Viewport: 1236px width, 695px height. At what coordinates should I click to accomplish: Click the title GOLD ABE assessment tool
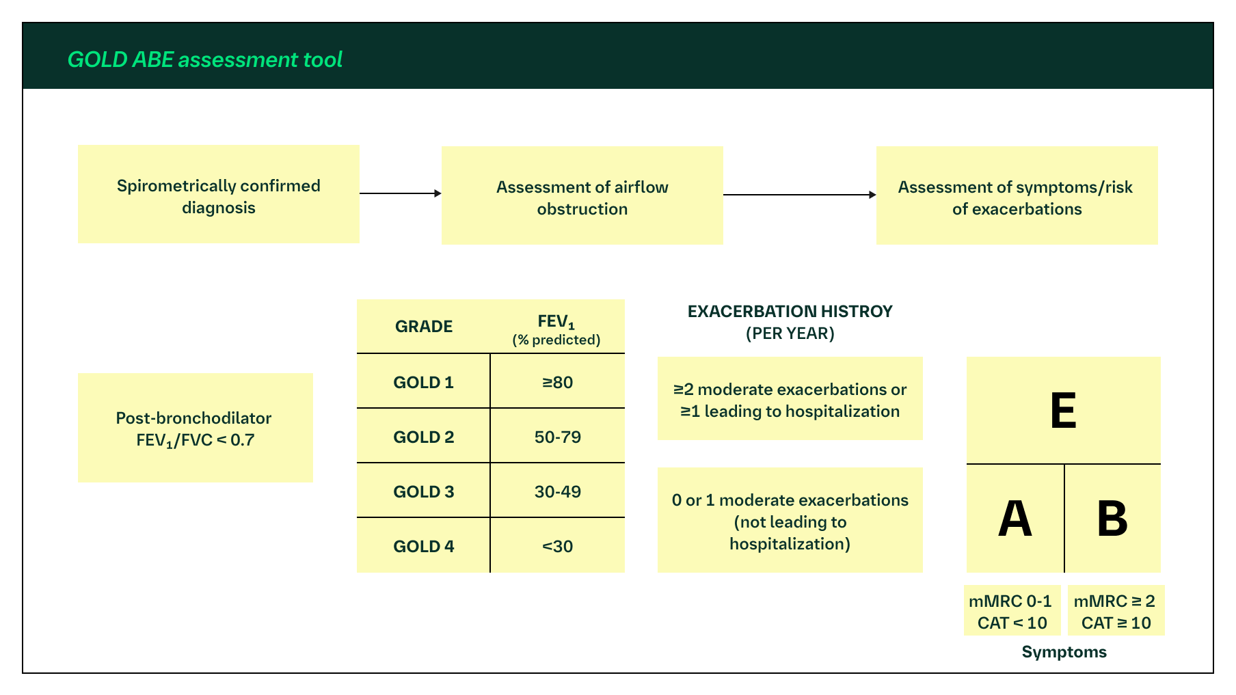point(204,60)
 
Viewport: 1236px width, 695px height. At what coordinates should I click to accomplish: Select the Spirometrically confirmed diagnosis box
point(218,194)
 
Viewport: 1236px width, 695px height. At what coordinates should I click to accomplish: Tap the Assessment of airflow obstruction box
point(582,195)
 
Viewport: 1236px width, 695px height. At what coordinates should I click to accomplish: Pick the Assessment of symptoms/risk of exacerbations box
point(1017,195)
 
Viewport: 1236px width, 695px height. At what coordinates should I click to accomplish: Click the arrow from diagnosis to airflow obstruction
point(400,193)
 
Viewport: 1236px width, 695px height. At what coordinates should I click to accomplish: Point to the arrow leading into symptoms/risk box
point(799,195)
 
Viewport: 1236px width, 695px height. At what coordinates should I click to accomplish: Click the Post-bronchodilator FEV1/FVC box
point(195,428)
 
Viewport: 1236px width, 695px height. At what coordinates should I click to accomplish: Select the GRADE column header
point(424,327)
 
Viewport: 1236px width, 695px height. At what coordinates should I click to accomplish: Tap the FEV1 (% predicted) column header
point(556,329)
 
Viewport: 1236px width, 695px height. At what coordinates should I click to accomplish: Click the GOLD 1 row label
point(423,383)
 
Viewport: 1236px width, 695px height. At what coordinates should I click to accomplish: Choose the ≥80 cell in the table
point(557,383)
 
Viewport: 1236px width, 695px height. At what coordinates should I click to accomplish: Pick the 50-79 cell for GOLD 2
point(557,437)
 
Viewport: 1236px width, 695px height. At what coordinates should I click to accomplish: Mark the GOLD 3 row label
point(423,492)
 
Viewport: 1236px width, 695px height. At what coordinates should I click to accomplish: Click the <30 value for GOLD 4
point(557,547)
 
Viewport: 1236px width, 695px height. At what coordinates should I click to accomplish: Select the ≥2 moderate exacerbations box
point(790,400)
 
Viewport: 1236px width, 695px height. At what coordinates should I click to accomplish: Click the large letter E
point(1063,411)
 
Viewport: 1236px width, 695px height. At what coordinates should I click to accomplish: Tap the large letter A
point(1015,519)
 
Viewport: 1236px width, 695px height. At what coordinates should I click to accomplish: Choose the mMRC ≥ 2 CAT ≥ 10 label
point(1116,612)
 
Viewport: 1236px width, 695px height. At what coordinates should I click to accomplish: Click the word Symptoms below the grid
point(1064,652)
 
